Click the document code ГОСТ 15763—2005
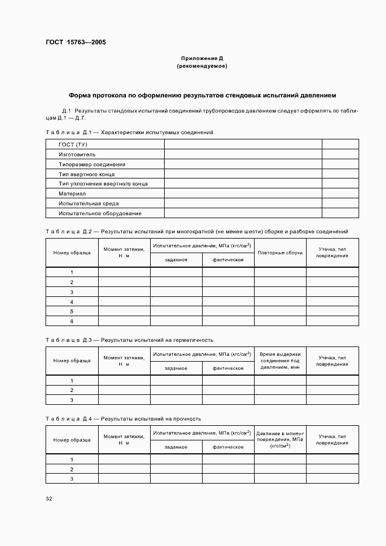pos(76,43)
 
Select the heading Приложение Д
pos(202,59)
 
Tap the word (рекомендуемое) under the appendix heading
pos(202,66)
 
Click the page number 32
pos(49,499)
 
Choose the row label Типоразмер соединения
pos(92,164)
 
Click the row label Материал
pos(72,194)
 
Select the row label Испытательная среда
pos(89,204)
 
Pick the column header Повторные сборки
pos(280,253)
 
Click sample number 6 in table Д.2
pos(72,321)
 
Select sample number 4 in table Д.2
pos(72,302)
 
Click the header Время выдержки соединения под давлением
pos(280,360)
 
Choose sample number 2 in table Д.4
pos(72,469)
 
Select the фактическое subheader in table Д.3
pos(228,368)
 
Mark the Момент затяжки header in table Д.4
pos(124,440)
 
